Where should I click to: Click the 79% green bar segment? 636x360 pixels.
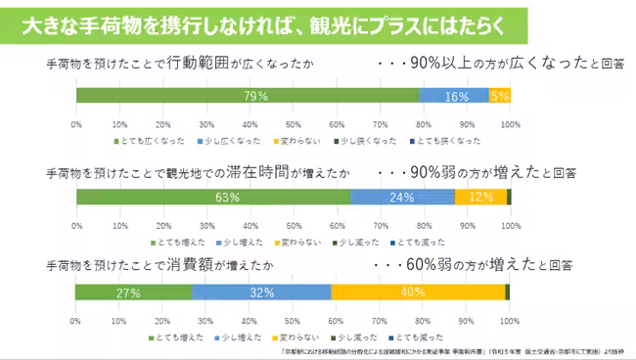coord(249,96)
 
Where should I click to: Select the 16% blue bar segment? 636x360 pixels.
coord(454,96)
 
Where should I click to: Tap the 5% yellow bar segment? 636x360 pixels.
coord(499,96)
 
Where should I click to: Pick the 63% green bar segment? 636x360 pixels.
coord(214,197)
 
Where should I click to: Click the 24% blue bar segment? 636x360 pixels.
coord(402,197)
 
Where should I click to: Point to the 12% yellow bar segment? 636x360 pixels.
coord(480,197)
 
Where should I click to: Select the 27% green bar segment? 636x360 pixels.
coord(134,292)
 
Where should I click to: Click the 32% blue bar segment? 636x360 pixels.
coord(262,292)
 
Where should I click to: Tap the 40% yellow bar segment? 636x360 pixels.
coord(418,292)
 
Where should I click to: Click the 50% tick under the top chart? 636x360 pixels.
coord(293,125)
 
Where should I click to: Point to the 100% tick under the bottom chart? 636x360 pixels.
coord(509,320)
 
